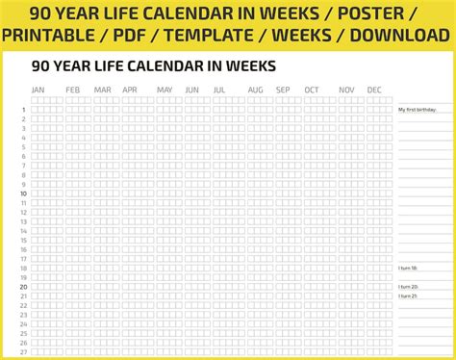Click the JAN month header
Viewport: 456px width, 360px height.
point(38,90)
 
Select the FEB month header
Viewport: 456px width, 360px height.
point(73,90)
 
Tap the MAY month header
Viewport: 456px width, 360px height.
point(165,90)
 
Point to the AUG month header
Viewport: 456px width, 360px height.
point(255,90)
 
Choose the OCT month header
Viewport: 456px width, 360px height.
point(312,90)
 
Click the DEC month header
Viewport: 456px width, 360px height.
point(374,90)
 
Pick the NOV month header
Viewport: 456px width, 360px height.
point(346,90)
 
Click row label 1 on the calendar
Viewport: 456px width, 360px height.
point(23,110)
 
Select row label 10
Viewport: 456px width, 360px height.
point(23,193)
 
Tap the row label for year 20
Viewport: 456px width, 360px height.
point(23,287)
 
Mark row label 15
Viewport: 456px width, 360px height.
point(23,240)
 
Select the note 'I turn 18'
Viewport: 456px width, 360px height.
point(408,269)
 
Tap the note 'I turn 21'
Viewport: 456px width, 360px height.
point(408,296)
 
